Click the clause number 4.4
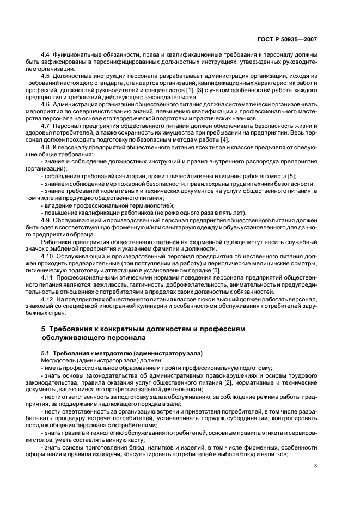(x=46, y=56)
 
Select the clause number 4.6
(x=46, y=104)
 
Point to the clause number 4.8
(x=46, y=148)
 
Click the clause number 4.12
(x=47, y=299)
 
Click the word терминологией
(x=123, y=207)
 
